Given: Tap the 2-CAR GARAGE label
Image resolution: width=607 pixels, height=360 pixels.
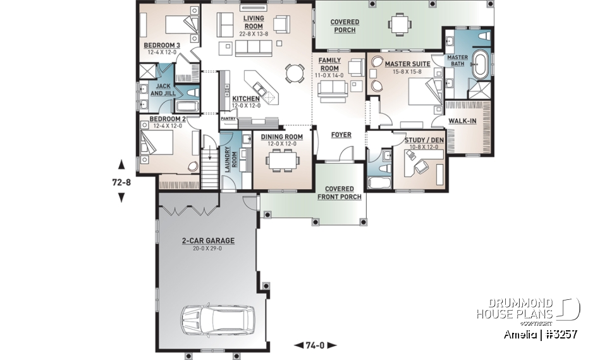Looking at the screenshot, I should click(208, 241).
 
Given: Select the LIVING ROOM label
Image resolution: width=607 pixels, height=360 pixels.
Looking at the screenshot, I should click(254, 22).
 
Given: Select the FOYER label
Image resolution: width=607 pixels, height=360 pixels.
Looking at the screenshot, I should click(341, 135).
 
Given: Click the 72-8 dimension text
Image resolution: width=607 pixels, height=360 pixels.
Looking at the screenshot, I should click(121, 183).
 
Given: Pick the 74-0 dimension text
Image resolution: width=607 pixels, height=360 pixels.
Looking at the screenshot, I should click(316, 345).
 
